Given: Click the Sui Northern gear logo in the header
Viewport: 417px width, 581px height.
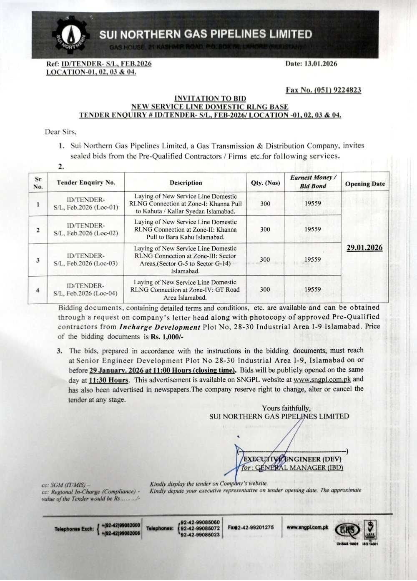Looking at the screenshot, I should pyautogui.click(x=72, y=36).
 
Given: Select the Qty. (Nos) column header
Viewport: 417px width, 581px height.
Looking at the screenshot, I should pyautogui.click(x=265, y=183).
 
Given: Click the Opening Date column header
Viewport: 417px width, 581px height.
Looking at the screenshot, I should pyautogui.click(x=365, y=184).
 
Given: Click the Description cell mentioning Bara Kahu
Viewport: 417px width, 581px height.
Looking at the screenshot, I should pyautogui.click(x=186, y=229).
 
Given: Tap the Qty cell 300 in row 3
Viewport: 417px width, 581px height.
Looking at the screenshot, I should pyautogui.click(x=265, y=259).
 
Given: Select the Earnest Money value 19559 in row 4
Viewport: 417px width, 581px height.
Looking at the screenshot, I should pyautogui.click(x=312, y=289).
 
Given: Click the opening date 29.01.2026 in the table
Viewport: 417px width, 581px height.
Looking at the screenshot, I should pyautogui.click(x=364, y=248).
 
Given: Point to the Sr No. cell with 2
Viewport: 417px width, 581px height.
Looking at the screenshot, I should pyautogui.click(x=38, y=230).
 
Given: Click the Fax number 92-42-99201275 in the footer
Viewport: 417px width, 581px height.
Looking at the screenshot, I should pyautogui.click(x=251, y=527).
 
